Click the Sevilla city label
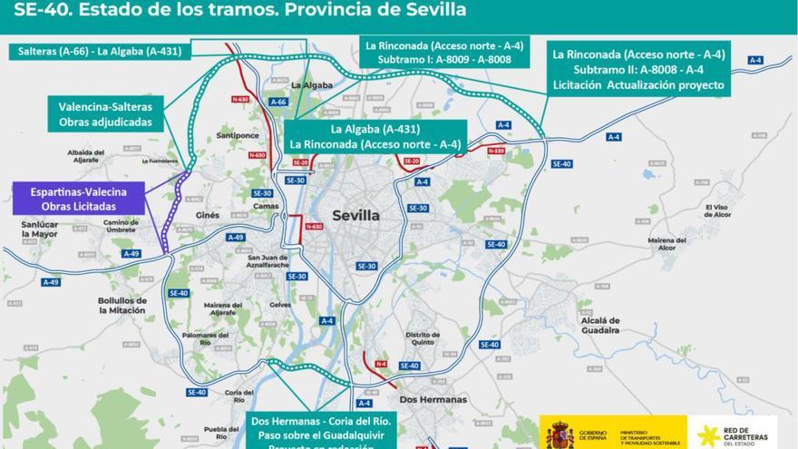355,215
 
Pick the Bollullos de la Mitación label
122,305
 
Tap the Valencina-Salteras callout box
105,113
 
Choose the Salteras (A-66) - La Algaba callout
101,52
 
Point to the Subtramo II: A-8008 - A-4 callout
639,70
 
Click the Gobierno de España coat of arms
559,433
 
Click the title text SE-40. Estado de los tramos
240,11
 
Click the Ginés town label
208,215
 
